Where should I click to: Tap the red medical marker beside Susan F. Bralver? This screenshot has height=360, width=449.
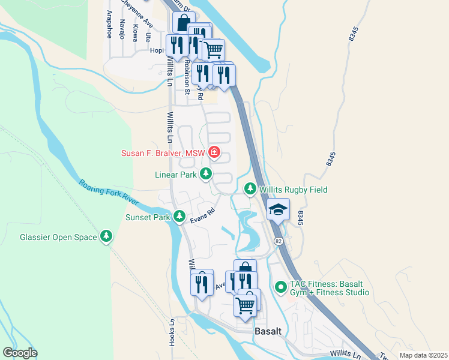click(214, 153)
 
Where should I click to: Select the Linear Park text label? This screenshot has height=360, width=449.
click(176, 175)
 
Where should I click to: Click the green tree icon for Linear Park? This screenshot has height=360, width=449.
click(206, 174)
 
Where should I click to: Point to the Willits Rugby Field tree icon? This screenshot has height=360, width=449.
click(250, 189)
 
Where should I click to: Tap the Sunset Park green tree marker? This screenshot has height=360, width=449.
click(179, 216)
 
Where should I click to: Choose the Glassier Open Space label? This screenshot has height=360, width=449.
click(58, 237)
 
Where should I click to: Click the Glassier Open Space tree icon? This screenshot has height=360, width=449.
click(106, 236)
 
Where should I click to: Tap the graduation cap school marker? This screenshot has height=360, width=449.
click(278, 210)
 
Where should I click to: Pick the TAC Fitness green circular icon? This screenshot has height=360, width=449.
click(280, 287)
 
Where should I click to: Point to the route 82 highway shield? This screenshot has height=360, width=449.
click(279, 241)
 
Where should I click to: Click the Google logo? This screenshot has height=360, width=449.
click(20, 353)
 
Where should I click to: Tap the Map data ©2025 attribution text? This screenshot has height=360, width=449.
click(423, 355)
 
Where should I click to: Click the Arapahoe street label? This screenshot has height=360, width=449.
click(109, 24)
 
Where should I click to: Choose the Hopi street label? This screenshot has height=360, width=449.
click(157, 51)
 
